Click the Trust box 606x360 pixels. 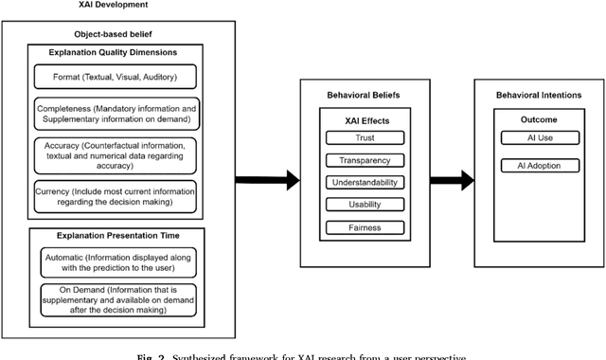point(365,138)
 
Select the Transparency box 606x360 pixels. point(365,160)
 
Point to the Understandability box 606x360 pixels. point(365,183)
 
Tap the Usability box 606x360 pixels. point(365,205)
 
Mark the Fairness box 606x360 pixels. point(365,227)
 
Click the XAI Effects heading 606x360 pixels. point(365,120)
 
